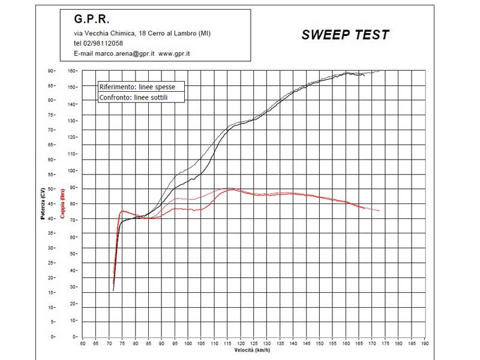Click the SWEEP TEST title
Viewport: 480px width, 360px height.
pos(345,35)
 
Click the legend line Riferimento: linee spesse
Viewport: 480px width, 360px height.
pos(137,87)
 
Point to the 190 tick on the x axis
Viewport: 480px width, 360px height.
pos(425,344)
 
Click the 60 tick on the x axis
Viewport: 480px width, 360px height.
pos(83,344)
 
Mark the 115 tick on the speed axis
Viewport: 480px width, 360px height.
pos(228,344)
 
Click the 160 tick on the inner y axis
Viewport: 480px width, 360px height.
pos(71,71)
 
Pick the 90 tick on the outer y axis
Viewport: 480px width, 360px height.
pos(52,71)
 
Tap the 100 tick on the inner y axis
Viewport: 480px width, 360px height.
pos(71,170)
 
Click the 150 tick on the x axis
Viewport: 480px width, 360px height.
pos(320,344)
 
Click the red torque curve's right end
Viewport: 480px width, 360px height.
pos(379,211)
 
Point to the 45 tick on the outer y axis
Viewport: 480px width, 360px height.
pos(52,203)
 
